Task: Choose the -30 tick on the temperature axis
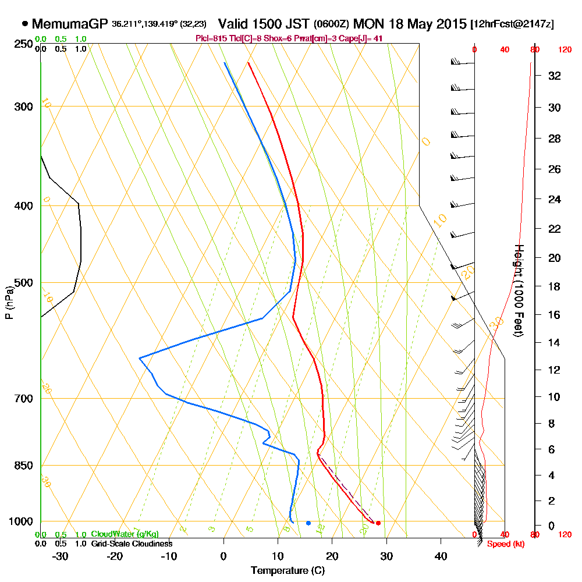pyautogui.click(x=61, y=556)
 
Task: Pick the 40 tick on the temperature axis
pyautogui.click(x=441, y=556)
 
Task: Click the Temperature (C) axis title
pyautogui.click(x=288, y=570)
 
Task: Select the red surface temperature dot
pyautogui.click(x=378, y=523)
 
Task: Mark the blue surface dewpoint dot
pyautogui.click(x=308, y=523)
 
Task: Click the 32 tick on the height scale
pyautogui.click(x=555, y=76)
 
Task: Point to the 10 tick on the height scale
pyautogui.click(x=555, y=397)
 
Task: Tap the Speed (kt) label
pyautogui.click(x=503, y=544)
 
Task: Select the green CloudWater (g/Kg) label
pyautogui.click(x=125, y=534)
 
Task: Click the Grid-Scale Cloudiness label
pyautogui.click(x=132, y=544)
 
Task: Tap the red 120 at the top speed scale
pyautogui.click(x=565, y=50)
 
